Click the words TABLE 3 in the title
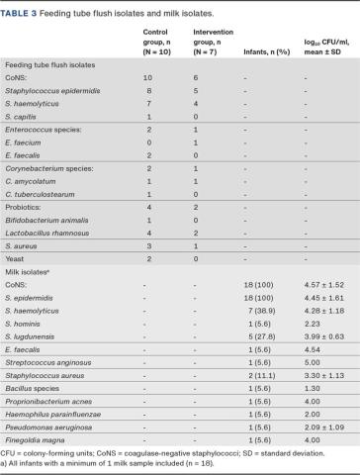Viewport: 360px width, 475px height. click(22, 8)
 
